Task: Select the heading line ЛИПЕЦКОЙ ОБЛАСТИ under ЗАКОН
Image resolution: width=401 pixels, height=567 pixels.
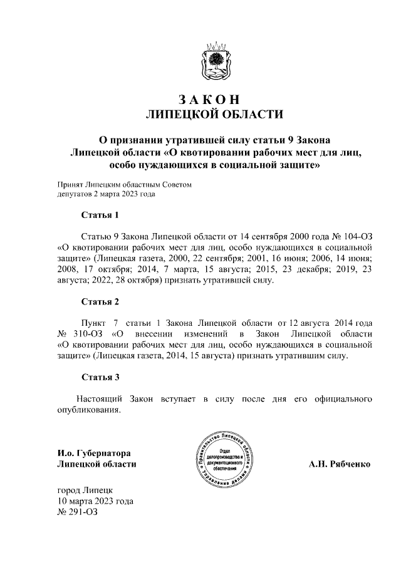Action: (214, 114)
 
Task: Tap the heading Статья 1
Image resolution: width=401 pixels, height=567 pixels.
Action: (100, 216)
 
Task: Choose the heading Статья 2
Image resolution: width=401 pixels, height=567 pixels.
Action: (100, 302)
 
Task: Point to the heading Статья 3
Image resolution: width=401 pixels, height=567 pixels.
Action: (100, 377)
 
